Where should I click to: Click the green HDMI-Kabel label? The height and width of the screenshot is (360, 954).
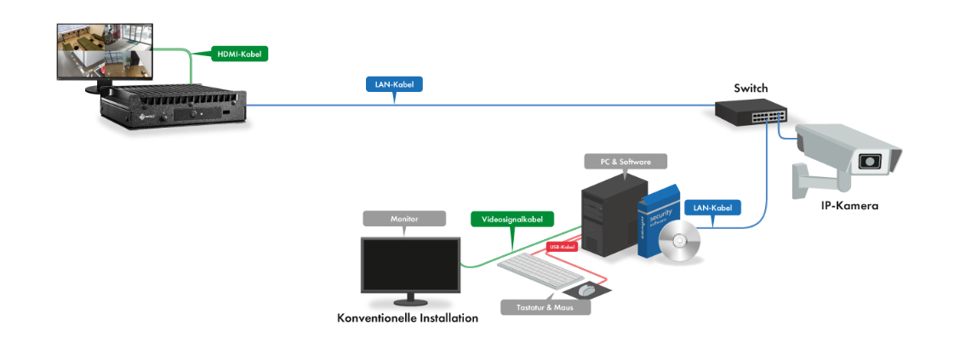pos(237,54)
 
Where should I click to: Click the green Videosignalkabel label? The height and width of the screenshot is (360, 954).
pos(512,219)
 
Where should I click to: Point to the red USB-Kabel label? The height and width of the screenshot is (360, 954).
pos(562,247)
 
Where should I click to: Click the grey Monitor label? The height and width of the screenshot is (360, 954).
pos(404,219)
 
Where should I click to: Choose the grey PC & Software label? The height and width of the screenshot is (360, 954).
pos(626,161)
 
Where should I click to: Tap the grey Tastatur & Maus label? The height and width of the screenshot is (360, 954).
pos(545,306)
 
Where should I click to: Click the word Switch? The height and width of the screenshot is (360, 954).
pos(751,88)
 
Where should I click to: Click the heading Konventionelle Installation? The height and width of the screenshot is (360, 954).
pos(408,317)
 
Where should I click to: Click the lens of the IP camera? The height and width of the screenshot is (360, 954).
pos(869,162)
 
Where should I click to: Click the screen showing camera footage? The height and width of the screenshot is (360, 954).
pos(99,50)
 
